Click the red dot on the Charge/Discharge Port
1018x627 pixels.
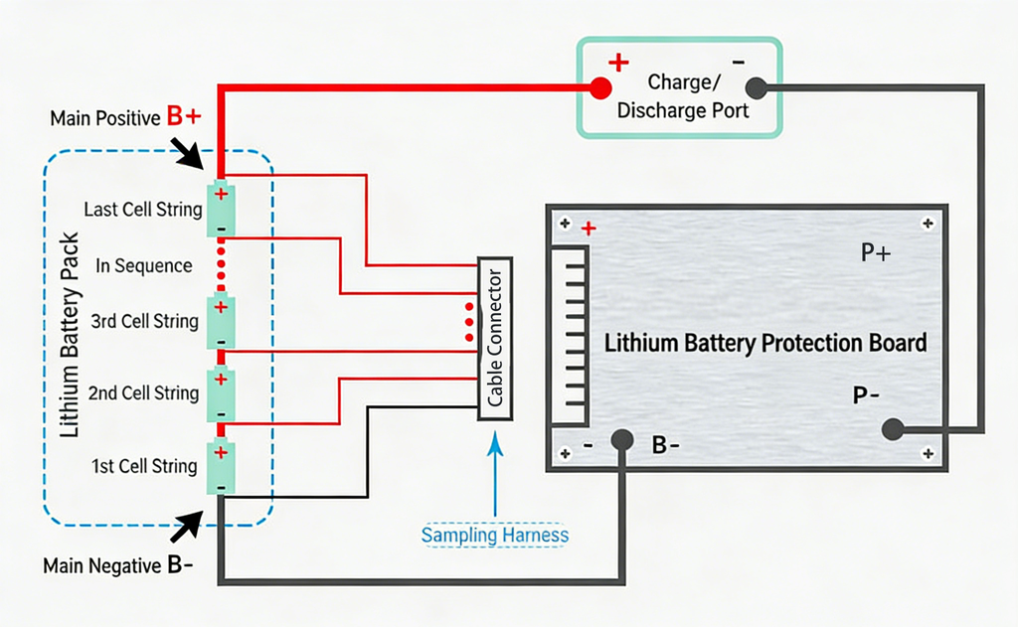(599, 88)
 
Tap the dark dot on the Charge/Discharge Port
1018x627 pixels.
(756, 88)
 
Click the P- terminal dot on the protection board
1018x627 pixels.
(893, 429)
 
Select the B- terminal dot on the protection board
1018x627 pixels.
(623, 438)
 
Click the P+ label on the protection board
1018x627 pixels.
(875, 253)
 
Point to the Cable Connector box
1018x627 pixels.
(495, 339)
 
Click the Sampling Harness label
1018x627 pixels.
(495, 535)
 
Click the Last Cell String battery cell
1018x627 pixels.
(221, 210)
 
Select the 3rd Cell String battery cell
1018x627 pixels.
(221, 322)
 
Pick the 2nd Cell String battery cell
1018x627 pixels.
(221, 393)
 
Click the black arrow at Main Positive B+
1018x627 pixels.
(190, 151)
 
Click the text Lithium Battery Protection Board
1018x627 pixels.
(765, 343)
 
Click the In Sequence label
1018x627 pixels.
(144, 265)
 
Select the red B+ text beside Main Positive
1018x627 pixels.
(184, 117)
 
